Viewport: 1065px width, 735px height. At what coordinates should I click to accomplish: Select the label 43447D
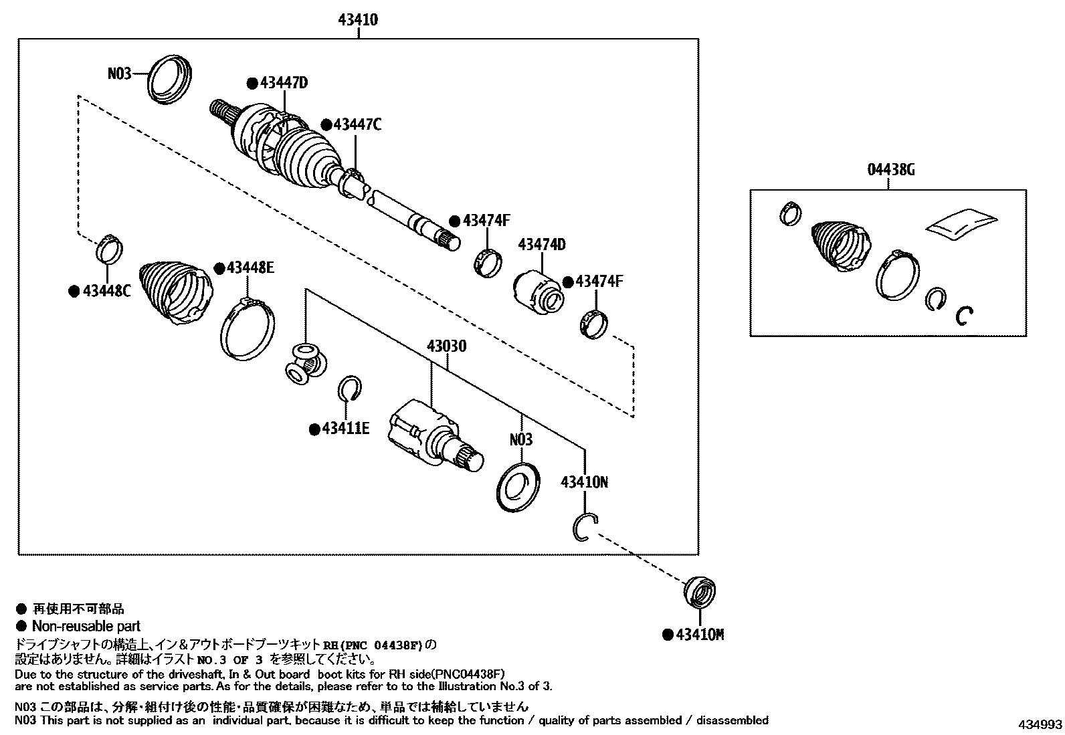[x=284, y=83]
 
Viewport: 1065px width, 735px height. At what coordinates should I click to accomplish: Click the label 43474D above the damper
[x=541, y=245]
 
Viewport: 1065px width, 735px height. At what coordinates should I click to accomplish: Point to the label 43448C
[x=106, y=291]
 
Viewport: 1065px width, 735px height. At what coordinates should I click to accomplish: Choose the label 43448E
[x=250, y=268]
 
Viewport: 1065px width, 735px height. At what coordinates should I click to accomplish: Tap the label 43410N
[x=584, y=482]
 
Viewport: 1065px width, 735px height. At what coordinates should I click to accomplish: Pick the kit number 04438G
[x=891, y=170]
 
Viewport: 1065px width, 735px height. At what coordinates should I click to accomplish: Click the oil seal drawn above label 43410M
[x=700, y=591]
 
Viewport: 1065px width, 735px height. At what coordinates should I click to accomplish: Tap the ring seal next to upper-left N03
[x=169, y=80]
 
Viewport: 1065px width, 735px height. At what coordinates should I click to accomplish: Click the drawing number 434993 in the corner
[x=1040, y=725]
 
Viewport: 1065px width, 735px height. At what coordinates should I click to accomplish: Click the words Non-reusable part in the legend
[x=86, y=627]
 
